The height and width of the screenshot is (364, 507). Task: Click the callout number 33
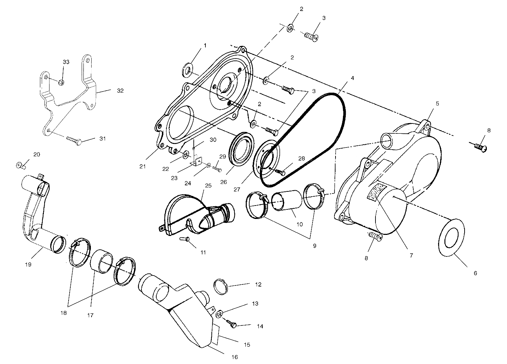tap(66, 62)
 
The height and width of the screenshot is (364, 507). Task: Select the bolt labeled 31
tap(75, 140)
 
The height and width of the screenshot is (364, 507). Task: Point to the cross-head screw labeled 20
tap(21, 165)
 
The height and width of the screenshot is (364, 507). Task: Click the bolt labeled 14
tap(232, 324)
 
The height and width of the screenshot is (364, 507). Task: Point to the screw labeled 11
tap(185, 240)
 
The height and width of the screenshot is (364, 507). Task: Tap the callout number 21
tap(142, 166)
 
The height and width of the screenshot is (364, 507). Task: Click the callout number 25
tap(207, 185)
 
